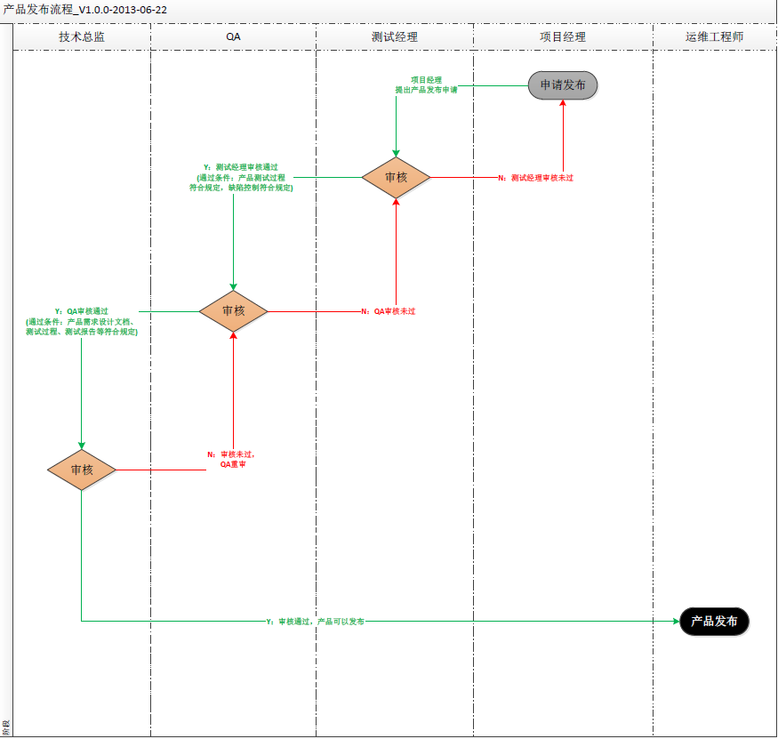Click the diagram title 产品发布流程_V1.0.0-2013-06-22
[85, 9]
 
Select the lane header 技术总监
[82, 37]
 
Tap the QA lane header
[233, 37]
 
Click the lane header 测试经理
[394, 37]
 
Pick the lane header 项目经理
[563, 37]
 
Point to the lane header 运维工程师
[714, 37]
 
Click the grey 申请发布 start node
[563, 85]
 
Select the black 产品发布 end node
[715, 622]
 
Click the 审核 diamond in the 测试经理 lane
[396, 178]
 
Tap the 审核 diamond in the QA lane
[233, 311]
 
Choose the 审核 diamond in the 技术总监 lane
[82, 470]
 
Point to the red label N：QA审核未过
[389, 311]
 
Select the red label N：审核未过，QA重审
[231, 459]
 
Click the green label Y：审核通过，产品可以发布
[316, 622]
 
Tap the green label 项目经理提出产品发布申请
[426, 84]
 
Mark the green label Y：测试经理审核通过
[241, 177]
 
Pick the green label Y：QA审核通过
[82, 321]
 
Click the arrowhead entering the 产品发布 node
[674, 622]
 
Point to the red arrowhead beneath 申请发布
[563, 104]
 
